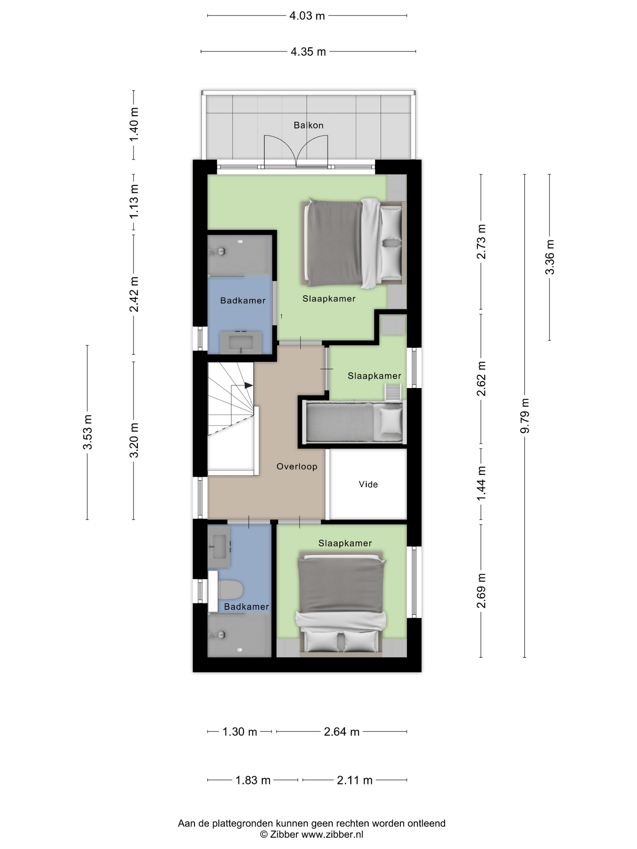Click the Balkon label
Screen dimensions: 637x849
tap(308, 125)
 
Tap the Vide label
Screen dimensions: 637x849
tap(368, 484)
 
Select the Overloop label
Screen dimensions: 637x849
tap(297, 467)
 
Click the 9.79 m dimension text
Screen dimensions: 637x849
tap(524, 416)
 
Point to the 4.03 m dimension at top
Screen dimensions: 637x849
tap(307, 16)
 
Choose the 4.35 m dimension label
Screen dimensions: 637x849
tap(308, 52)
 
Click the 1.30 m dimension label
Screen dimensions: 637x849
tap(240, 732)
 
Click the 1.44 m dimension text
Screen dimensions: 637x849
tap(481, 483)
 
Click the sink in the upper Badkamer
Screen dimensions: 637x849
tap(241, 342)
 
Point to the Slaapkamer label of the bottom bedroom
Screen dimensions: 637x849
tap(345, 543)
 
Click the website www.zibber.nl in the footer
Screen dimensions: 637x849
tap(332, 834)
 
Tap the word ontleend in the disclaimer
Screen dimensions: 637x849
tap(426, 823)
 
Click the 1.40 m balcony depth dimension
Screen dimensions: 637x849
tap(134, 125)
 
